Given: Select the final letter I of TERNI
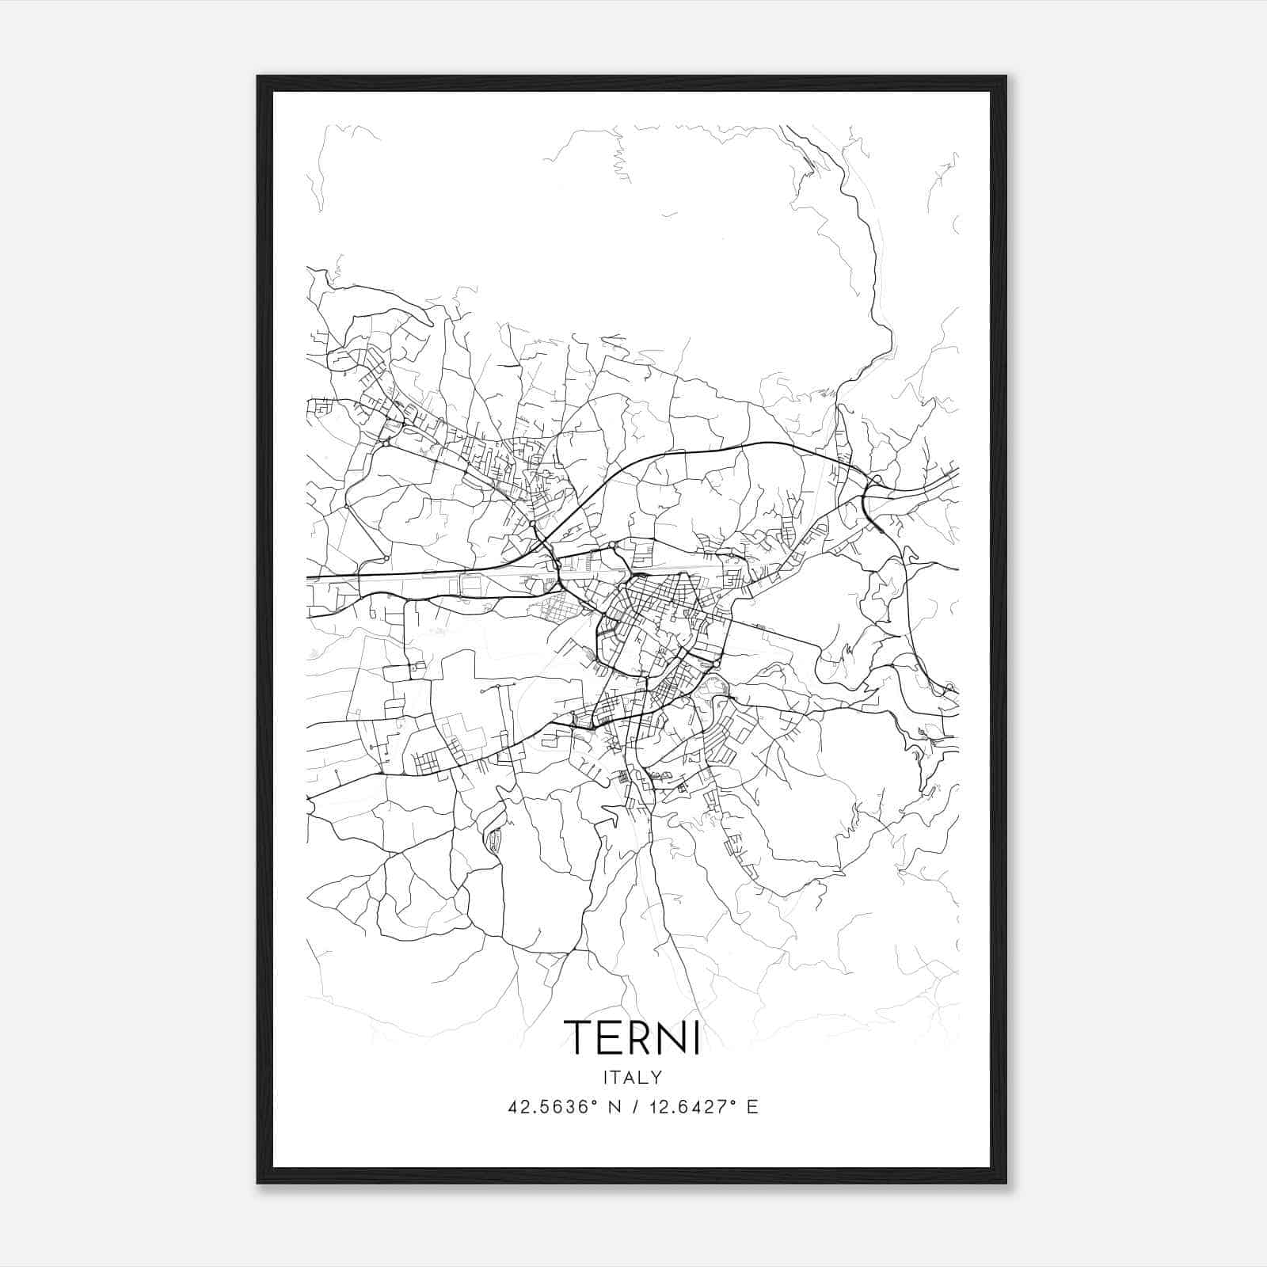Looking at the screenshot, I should point(696,1037).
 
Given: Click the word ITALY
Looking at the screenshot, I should point(633,1077).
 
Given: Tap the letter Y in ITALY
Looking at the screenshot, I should point(656,1077).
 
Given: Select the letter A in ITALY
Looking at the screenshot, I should point(630,1077).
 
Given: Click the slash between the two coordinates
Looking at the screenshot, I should point(636,1107).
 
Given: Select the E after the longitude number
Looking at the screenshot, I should point(752,1107).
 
